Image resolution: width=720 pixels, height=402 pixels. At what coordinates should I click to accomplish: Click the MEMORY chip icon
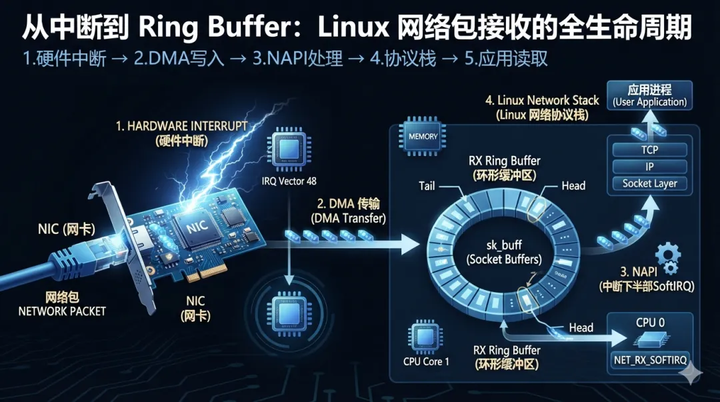423,136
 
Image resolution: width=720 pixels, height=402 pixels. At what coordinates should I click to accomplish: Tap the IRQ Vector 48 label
289,181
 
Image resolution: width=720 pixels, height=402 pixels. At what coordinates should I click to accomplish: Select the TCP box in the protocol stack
649,150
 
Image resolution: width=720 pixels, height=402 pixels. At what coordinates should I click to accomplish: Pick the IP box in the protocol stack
649,166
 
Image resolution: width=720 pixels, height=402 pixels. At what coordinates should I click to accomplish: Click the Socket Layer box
649,183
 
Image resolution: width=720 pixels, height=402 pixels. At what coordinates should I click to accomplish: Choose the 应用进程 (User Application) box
649,95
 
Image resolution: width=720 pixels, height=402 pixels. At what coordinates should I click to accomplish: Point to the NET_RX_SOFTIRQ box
650,360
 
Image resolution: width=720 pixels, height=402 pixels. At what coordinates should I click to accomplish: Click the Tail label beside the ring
427,186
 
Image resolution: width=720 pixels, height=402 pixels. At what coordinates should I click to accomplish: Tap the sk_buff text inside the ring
504,245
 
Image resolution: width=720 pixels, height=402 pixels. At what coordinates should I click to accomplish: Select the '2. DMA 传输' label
348,203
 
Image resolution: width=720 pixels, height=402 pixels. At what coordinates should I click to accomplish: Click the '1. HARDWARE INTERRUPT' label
181,126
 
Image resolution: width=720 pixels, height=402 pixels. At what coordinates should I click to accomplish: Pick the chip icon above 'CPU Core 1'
425,337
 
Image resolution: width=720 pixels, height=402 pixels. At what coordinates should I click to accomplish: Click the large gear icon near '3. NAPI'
668,253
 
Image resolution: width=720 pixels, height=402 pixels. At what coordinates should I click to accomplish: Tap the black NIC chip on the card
197,227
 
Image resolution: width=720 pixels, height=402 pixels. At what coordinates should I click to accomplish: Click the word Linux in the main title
353,27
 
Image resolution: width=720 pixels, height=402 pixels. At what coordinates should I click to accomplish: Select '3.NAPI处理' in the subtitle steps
297,59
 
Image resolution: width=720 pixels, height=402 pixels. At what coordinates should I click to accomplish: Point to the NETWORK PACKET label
62,311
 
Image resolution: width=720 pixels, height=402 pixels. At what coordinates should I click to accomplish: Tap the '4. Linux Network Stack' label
542,100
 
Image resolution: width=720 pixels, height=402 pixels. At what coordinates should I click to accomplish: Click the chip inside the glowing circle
288,313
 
